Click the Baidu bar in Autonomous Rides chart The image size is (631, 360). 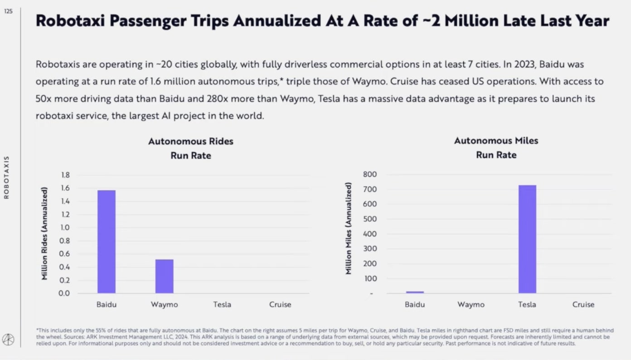point(107,242)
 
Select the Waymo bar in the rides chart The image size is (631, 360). point(164,276)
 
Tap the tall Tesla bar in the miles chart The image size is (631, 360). point(527,239)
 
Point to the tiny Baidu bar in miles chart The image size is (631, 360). point(415,292)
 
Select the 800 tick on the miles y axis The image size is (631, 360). point(370,175)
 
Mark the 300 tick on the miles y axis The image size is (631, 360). point(370,249)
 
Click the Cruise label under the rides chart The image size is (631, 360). point(280,305)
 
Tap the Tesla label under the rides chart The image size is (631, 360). point(222,305)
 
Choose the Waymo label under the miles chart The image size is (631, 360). point(471,305)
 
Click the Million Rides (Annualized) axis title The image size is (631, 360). point(45,233)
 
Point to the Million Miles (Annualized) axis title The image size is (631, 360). point(349,228)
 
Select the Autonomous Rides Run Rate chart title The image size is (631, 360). point(191,148)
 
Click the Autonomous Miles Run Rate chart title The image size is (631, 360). point(496,148)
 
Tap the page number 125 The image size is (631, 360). point(8,11)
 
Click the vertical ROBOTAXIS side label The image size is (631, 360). point(6,177)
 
